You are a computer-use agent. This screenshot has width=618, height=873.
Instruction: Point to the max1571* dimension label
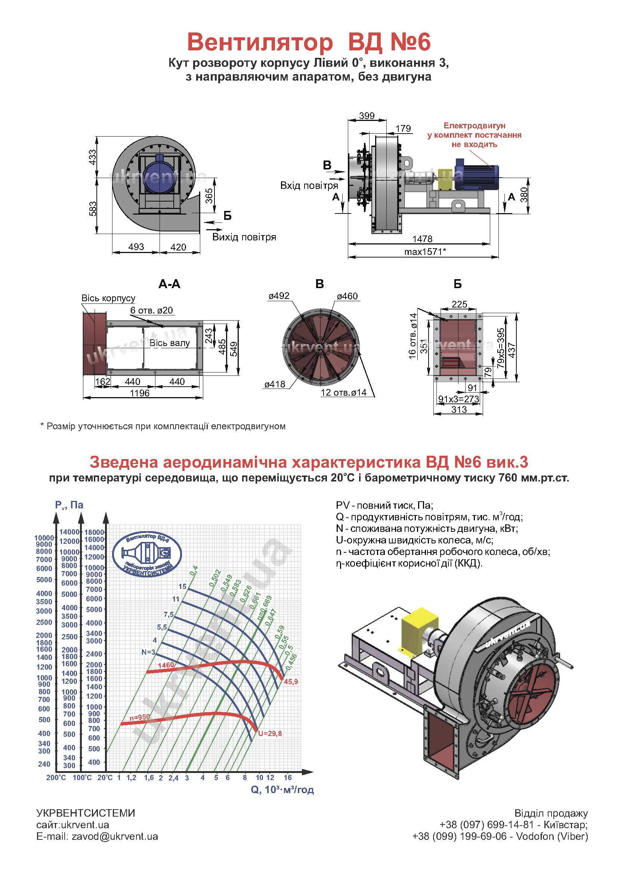click(x=425, y=251)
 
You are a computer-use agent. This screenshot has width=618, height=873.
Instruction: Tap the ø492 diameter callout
click(x=279, y=296)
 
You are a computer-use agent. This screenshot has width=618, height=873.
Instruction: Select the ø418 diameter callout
click(x=275, y=384)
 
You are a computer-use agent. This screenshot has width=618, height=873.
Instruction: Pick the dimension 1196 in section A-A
click(x=140, y=393)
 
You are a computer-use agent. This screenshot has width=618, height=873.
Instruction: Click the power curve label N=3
click(x=148, y=652)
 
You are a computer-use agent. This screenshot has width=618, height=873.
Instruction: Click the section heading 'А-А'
click(x=169, y=284)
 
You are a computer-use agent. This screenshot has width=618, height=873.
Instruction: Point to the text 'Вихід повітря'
click(x=244, y=237)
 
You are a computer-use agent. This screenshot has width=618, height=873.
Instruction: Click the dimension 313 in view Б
click(x=459, y=409)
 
